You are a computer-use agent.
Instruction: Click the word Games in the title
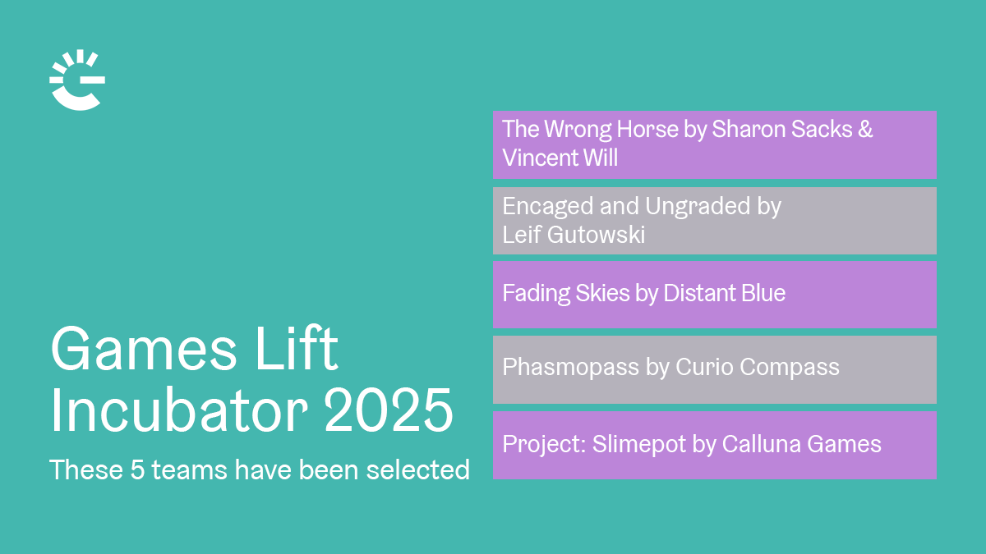coord(145,349)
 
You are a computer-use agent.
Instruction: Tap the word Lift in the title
coord(297,349)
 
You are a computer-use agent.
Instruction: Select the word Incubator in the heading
coord(179,410)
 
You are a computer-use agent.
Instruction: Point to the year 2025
coord(388,410)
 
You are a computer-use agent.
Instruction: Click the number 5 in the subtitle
coord(137,469)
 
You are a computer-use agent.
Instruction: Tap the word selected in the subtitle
coord(417,469)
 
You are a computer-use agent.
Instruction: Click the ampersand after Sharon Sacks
coord(865,129)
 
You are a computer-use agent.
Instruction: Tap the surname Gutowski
coord(596,235)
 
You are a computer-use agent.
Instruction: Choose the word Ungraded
coord(698,207)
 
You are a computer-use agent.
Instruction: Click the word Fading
coord(536,294)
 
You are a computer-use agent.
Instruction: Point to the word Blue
coord(763,293)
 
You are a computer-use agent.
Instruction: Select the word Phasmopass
coord(570,368)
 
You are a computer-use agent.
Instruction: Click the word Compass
coord(790,368)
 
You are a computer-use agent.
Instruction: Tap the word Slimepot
coord(638,444)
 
